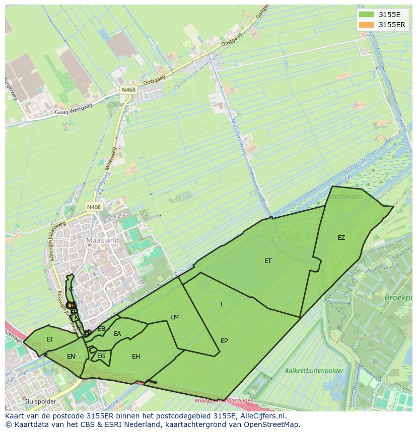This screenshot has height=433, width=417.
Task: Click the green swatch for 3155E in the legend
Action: tap(367, 15)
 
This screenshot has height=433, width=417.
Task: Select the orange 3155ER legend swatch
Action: tap(367, 25)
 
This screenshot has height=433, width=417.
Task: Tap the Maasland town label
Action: tap(102, 240)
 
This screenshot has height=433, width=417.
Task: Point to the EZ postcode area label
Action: tap(341, 238)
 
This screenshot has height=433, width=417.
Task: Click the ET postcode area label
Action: tap(268, 261)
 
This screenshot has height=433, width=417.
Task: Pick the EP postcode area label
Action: tap(224, 341)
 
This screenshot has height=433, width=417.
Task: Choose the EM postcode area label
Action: tap(175, 317)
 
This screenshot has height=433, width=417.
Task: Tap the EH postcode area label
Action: tap(136, 357)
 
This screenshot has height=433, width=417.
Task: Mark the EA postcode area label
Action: tap(117, 334)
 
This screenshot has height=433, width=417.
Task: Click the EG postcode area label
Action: tap(102, 357)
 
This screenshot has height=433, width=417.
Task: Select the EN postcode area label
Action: tap(71, 357)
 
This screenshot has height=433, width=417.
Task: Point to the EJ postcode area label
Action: tap(49, 339)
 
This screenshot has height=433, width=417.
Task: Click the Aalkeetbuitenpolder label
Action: tap(314, 371)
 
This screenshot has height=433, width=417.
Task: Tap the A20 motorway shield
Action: tap(36, 345)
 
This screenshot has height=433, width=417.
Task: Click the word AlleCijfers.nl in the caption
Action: tap(262, 416)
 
